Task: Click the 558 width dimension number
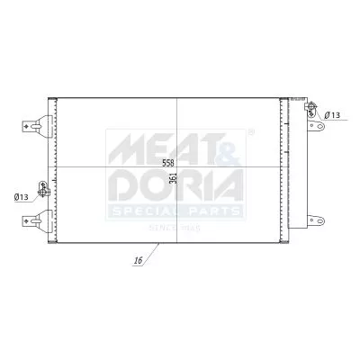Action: click(x=168, y=163)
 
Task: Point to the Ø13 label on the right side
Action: click(x=332, y=115)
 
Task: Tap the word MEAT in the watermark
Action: click(x=158, y=149)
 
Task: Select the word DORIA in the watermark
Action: click(x=175, y=187)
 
